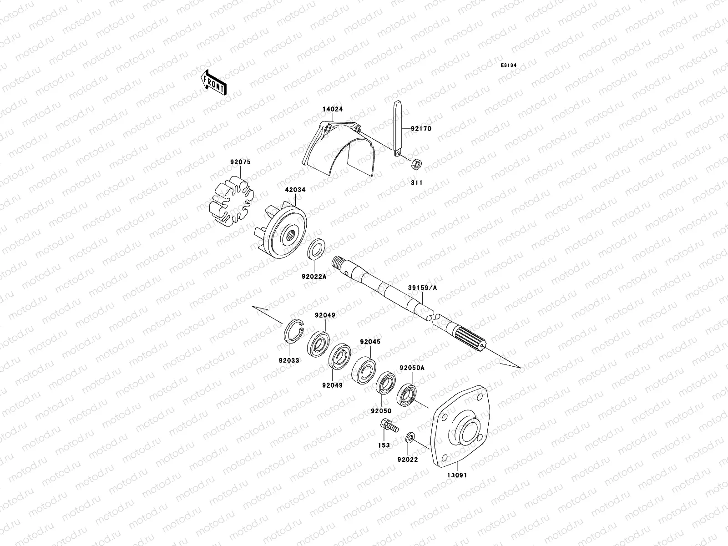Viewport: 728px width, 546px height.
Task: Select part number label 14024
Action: tap(333, 110)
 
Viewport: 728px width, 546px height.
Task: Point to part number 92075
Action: tap(240, 162)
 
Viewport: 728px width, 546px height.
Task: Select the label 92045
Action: tap(370, 342)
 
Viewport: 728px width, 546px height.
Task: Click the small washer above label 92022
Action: tap(409, 438)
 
